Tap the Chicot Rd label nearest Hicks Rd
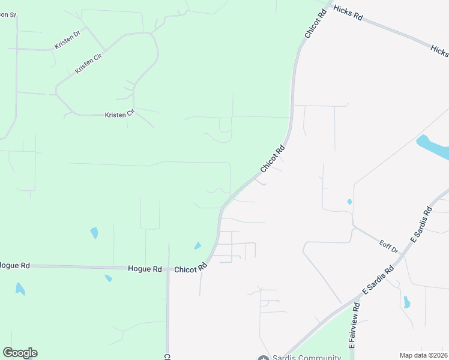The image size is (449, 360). point(315,23)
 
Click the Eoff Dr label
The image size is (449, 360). point(389,246)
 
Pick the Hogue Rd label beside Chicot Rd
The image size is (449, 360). point(145,269)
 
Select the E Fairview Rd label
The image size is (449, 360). point(354,326)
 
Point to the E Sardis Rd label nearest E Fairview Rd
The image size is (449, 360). point(378,281)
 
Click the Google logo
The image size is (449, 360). point(20,353)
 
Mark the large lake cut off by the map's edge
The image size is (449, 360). point(433,148)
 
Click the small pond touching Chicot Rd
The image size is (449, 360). point(197,245)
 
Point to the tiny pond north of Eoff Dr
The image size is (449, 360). point(349,202)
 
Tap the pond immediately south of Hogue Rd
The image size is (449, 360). point(108,278)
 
